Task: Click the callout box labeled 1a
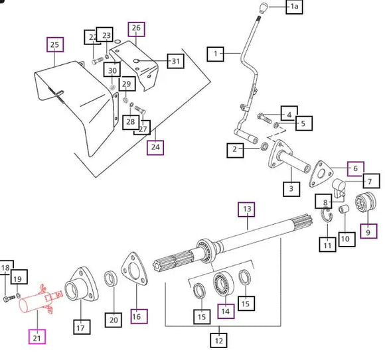(294, 7)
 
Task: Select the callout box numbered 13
(246, 210)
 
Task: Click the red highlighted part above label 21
(40, 300)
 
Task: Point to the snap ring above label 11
(327, 215)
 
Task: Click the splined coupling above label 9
(366, 203)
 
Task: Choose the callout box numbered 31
(175, 61)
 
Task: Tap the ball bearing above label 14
(223, 284)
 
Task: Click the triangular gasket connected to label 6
(321, 174)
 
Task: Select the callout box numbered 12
(219, 340)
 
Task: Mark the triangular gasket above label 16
(135, 269)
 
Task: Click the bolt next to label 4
(264, 118)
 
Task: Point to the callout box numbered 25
(55, 44)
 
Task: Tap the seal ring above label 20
(111, 278)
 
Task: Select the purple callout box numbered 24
(155, 148)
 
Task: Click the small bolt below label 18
(9, 299)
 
